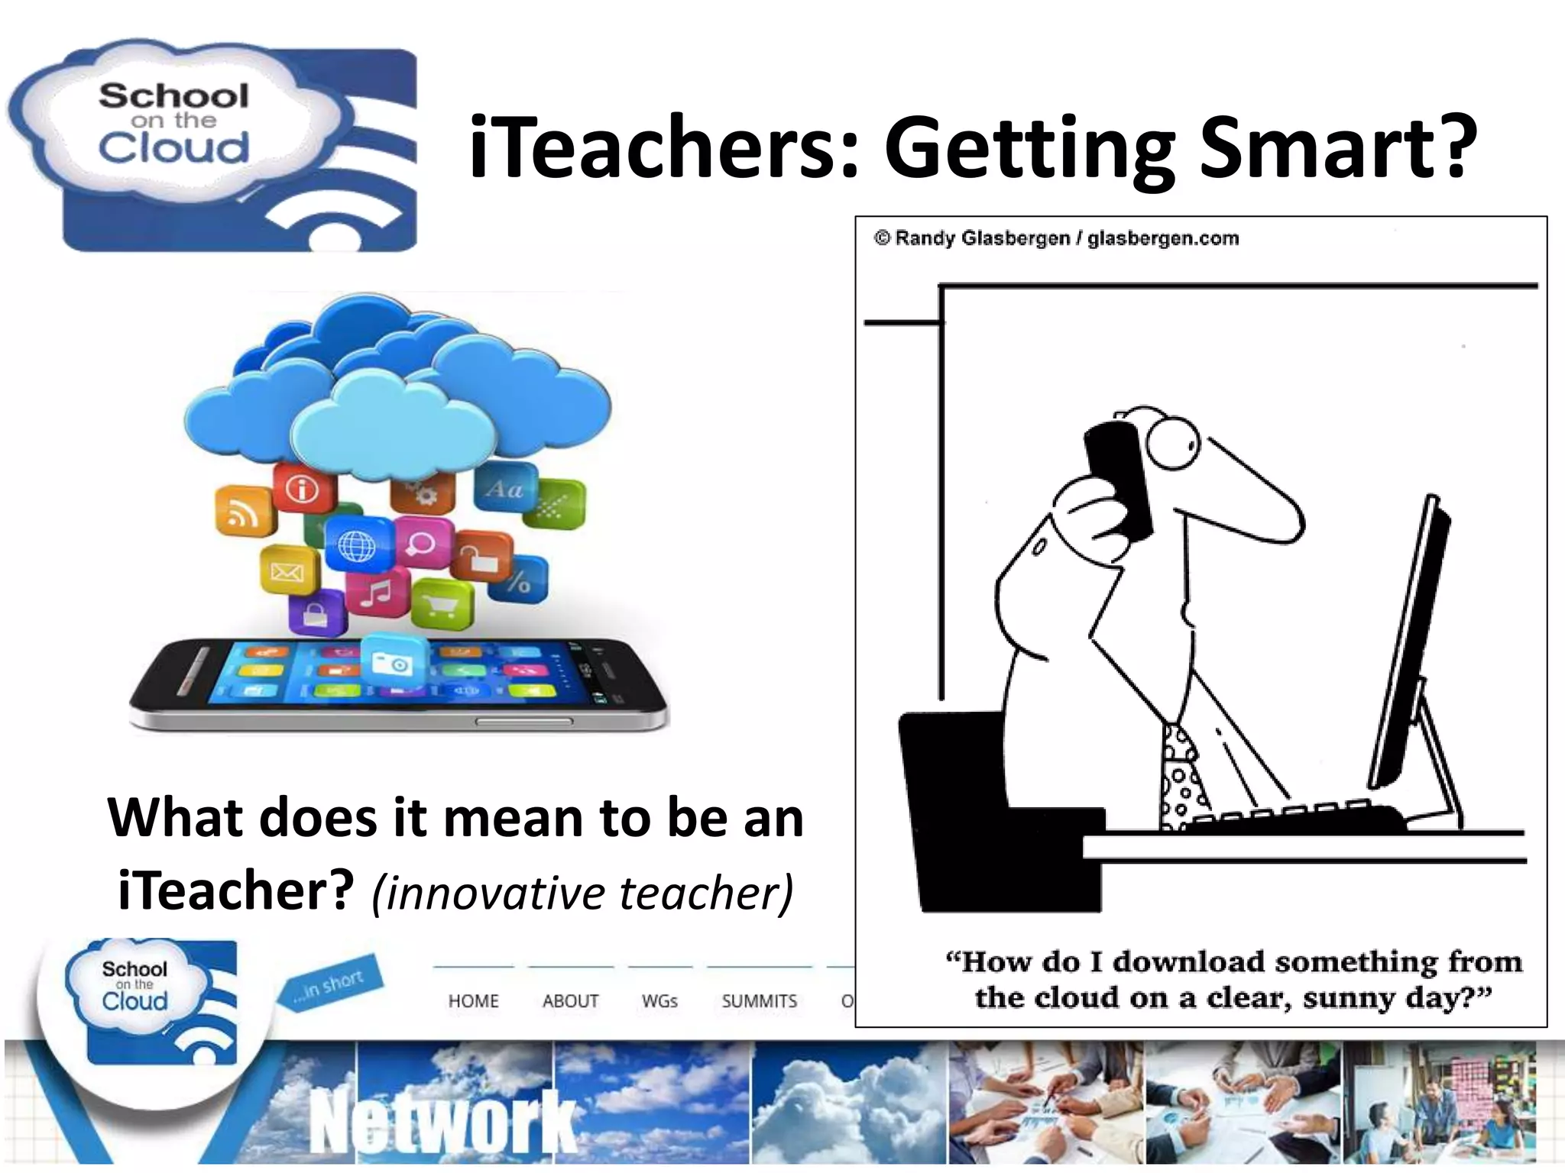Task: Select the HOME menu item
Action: click(473, 1001)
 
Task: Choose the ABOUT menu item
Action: click(570, 1001)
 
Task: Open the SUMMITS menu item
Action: click(759, 1001)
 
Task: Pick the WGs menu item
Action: click(659, 1001)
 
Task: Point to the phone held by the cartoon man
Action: click(1119, 477)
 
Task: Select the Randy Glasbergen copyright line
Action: click(1057, 238)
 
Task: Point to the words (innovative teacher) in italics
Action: click(582, 892)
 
